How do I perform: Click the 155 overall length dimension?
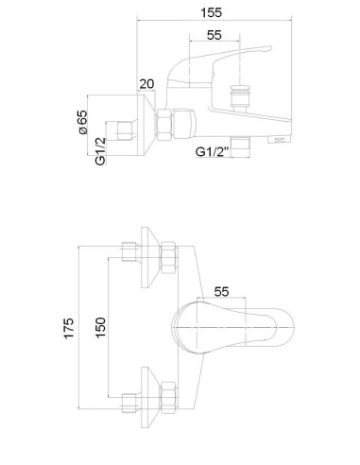point(211,12)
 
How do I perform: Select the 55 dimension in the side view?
point(214,35)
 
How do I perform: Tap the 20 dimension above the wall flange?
point(146,84)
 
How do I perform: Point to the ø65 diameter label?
point(82,122)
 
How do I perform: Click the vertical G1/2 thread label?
point(100,151)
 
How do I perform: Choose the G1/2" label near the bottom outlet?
point(212,152)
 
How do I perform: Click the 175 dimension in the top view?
point(69,328)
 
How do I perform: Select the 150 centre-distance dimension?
point(100,328)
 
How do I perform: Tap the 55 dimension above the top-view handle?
point(221,292)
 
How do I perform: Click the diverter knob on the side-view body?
point(240,97)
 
